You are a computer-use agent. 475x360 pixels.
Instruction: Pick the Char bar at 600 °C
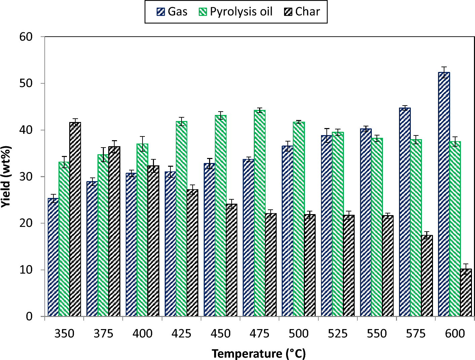pyautogui.click(x=466, y=292)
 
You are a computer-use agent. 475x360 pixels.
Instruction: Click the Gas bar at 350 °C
pyautogui.click(x=53, y=257)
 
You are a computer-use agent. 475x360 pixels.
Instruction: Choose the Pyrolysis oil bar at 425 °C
pyautogui.click(x=182, y=218)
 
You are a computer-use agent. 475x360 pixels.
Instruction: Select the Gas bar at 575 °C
pyautogui.click(x=405, y=212)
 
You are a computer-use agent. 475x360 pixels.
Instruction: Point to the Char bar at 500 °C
pyautogui.click(x=310, y=265)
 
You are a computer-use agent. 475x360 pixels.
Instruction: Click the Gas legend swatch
pyautogui.click(x=161, y=12)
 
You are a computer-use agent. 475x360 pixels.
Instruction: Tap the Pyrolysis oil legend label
pyautogui.click(x=241, y=12)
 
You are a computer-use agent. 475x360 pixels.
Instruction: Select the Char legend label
pyautogui.click(x=308, y=12)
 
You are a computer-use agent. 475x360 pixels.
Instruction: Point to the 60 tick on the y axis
pyautogui.click(x=26, y=37)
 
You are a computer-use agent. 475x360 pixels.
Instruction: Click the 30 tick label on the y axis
pyautogui.click(x=26, y=176)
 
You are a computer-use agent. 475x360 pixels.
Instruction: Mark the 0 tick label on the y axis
pyautogui.click(x=29, y=316)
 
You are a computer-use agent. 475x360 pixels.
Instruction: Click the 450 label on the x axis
pyautogui.click(x=221, y=333)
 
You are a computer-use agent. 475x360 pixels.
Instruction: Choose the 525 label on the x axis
pyautogui.click(x=338, y=333)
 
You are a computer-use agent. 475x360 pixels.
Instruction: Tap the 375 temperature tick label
pyautogui.click(x=103, y=333)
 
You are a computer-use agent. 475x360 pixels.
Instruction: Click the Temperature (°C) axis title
pyautogui.click(x=259, y=354)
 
